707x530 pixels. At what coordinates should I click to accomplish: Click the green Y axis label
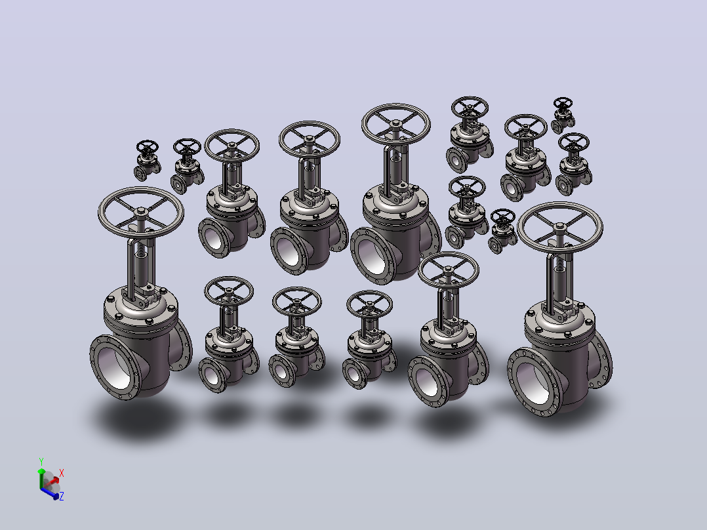point(41,462)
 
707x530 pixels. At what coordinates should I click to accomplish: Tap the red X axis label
point(62,473)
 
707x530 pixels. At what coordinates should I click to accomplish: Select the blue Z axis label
point(62,496)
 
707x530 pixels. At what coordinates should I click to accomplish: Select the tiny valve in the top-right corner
point(563,115)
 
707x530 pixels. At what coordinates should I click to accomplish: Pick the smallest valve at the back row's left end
point(147,160)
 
